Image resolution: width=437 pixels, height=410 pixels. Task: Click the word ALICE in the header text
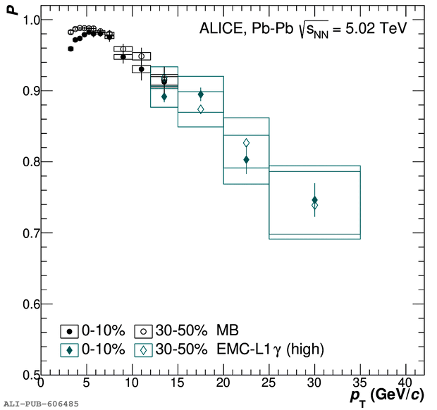(219, 29)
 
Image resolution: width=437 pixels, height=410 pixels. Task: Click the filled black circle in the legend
(69, 330)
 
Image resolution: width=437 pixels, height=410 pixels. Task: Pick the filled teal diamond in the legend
(69, 349)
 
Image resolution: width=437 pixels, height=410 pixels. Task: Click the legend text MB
(228, 330)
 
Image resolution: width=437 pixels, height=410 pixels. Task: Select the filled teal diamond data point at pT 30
(314, 200)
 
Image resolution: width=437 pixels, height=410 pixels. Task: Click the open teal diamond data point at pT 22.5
(246, 143)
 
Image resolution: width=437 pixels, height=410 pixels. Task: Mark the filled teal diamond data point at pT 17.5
(201, 95)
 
